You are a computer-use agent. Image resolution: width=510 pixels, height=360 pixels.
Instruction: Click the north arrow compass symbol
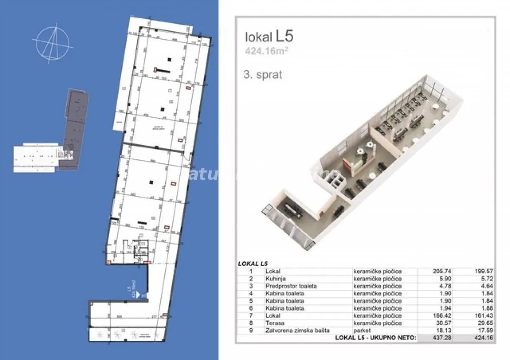[53, 43]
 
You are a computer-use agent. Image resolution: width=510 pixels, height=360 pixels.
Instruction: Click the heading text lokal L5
[269, 37]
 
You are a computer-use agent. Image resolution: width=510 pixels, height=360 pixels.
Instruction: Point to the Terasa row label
[274, 323]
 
